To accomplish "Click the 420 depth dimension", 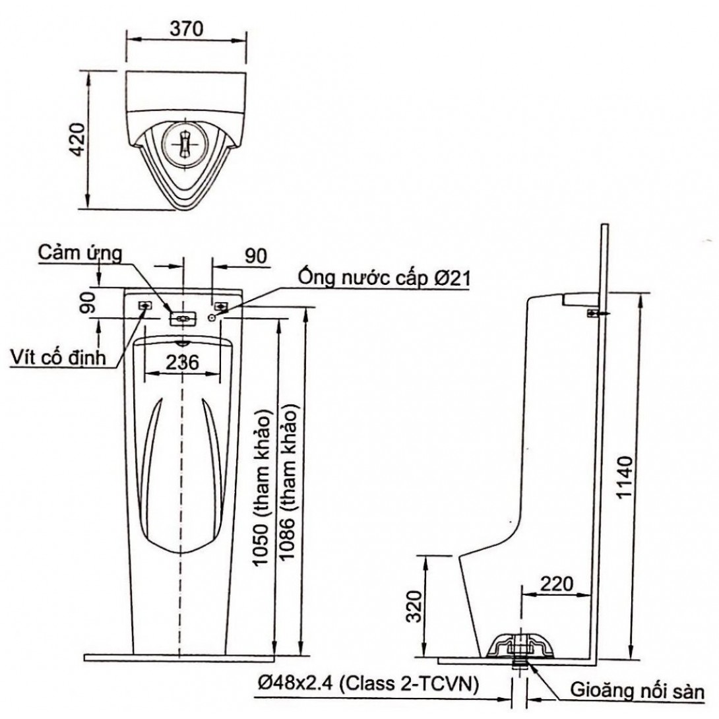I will pyautogui.click(x=78, y=139).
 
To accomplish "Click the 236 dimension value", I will pyautogui.click(x=182, y=361).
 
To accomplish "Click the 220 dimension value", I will pyautogui.click(x=555, y=584).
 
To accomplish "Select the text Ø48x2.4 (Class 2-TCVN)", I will pyautogui.click(x=365, y=685).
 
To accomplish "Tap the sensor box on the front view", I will pyautogui.click(x=183, y=319).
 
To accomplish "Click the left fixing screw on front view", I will pyautogui.click(x=144, y=305).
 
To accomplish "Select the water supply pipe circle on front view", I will pyautogui.click(x=212, y=318).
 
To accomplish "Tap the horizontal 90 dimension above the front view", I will pyautogui.click(x=254, y=257).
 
